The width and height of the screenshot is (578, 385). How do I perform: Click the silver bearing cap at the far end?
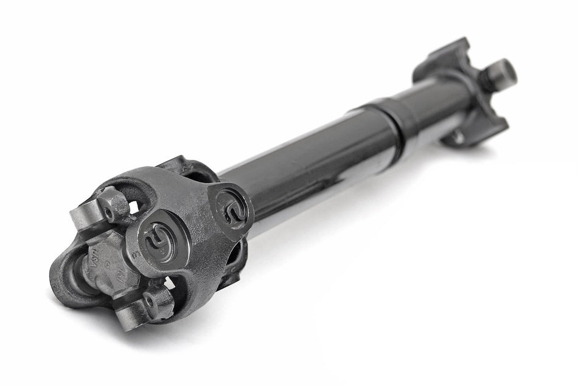tap(503, 71)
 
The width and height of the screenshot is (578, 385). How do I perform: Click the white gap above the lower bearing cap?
tap(162, 283)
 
